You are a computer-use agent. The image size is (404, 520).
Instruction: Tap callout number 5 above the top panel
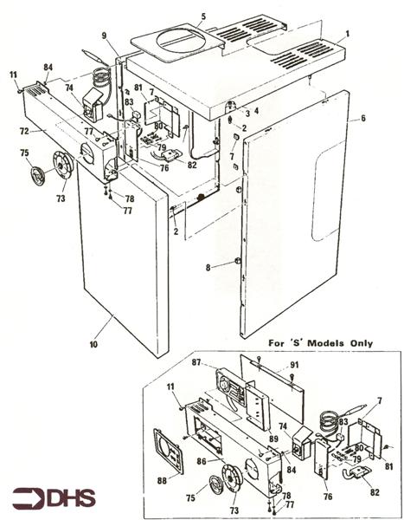click(203, 16)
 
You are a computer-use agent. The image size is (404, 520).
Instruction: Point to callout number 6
click(363, 118)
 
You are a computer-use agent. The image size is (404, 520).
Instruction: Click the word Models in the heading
click(323, 342)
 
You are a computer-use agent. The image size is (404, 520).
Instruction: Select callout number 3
click(247, 113)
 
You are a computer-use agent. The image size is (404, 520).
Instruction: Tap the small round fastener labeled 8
click(236, 262)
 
